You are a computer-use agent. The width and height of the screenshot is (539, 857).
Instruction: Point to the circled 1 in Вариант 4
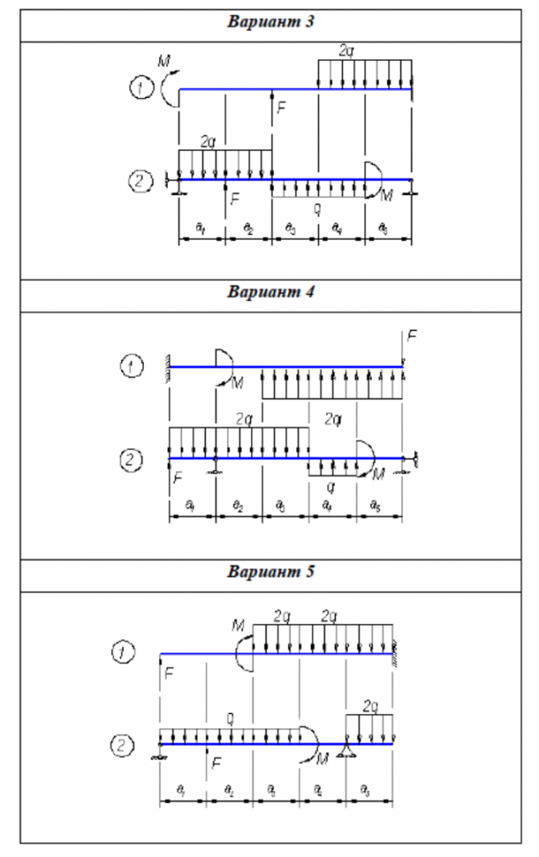tap(129, 367)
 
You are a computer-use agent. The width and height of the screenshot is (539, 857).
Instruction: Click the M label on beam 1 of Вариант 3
tap(165, 61)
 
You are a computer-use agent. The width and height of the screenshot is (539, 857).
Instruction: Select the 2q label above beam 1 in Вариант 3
tap(346, 51)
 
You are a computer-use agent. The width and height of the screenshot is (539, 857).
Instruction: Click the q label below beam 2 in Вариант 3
tap(317, 207)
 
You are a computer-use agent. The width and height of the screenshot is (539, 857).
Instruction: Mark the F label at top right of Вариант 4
tap(411, 337)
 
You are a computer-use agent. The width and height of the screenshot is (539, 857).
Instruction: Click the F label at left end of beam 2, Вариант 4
tap(177, 476)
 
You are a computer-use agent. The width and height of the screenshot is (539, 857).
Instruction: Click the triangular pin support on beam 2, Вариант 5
tap(346, 752)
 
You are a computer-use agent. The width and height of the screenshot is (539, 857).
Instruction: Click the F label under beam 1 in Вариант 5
tap(169, 674)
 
